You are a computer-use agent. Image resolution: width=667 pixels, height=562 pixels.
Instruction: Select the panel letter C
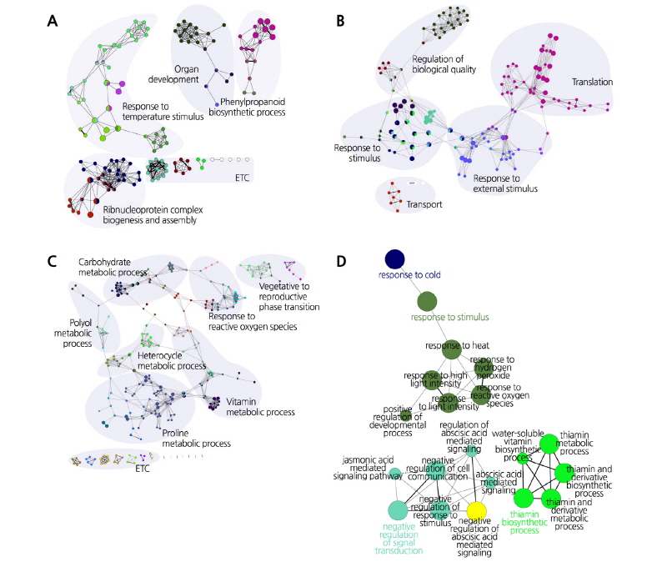(x=52, y=260)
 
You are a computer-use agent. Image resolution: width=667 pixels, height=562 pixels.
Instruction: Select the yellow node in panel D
(x=476, y=510)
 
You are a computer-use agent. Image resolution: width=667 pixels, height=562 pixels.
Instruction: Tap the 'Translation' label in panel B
(x=592, y=83)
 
